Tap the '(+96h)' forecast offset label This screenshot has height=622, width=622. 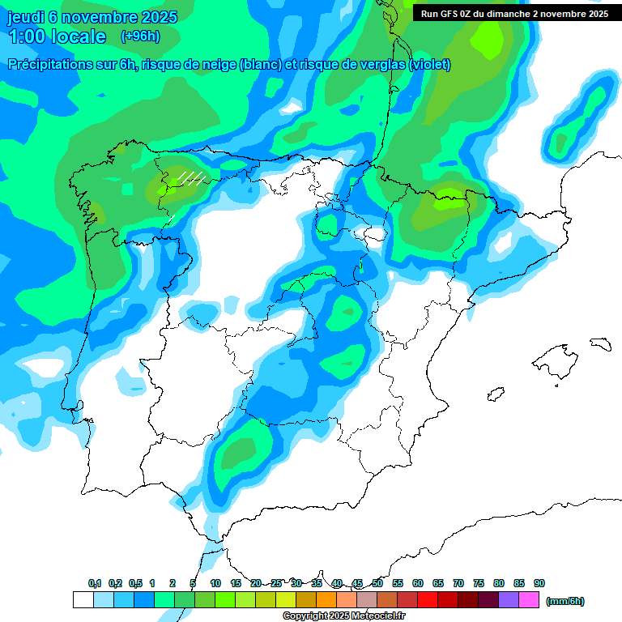140,36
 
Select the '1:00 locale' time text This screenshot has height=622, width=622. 57,36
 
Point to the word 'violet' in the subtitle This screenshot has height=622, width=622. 429,65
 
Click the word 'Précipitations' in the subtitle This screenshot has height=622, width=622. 49,65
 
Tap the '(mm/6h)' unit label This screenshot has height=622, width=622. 564,601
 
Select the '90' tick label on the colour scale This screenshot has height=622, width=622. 539,583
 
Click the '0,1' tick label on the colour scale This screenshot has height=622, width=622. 95,583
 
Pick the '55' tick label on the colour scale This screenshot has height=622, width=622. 398,583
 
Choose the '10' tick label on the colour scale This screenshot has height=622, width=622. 215,583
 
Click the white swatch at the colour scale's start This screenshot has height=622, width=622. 83,599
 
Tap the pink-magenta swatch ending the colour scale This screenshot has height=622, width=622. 529,599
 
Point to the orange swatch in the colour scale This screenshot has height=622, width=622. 326,599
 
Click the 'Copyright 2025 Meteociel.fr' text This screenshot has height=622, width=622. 343,616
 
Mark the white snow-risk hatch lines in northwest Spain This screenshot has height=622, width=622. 191,177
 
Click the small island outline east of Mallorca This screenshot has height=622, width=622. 601,343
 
